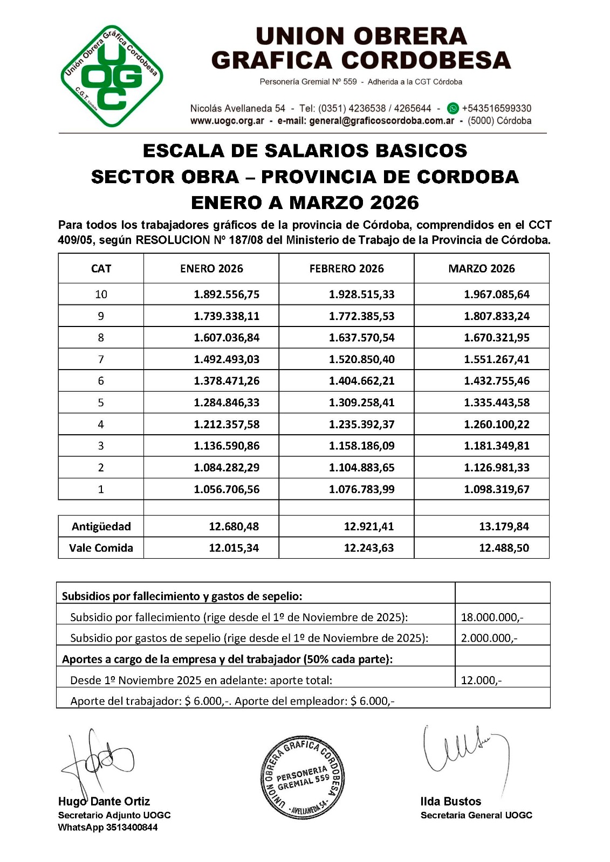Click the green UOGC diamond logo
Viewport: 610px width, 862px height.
112,76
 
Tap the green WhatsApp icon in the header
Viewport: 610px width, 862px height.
453,108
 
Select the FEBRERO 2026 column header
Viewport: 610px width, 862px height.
346,268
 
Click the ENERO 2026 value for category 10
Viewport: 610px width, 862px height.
227,294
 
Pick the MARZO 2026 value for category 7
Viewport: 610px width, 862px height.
497,359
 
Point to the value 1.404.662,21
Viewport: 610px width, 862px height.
361,381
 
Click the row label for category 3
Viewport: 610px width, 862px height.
101,446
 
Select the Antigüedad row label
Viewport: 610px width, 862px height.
101,526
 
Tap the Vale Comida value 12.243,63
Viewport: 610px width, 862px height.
369,548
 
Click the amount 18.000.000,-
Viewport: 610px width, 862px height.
492,617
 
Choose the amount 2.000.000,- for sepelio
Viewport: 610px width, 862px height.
489,638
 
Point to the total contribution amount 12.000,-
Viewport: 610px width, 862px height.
481,680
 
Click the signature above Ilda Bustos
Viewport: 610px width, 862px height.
464,752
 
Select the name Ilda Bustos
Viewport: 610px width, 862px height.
450,801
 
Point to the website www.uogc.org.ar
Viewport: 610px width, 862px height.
227,121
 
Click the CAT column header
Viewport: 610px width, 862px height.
101,268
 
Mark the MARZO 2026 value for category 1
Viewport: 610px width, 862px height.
497,489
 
